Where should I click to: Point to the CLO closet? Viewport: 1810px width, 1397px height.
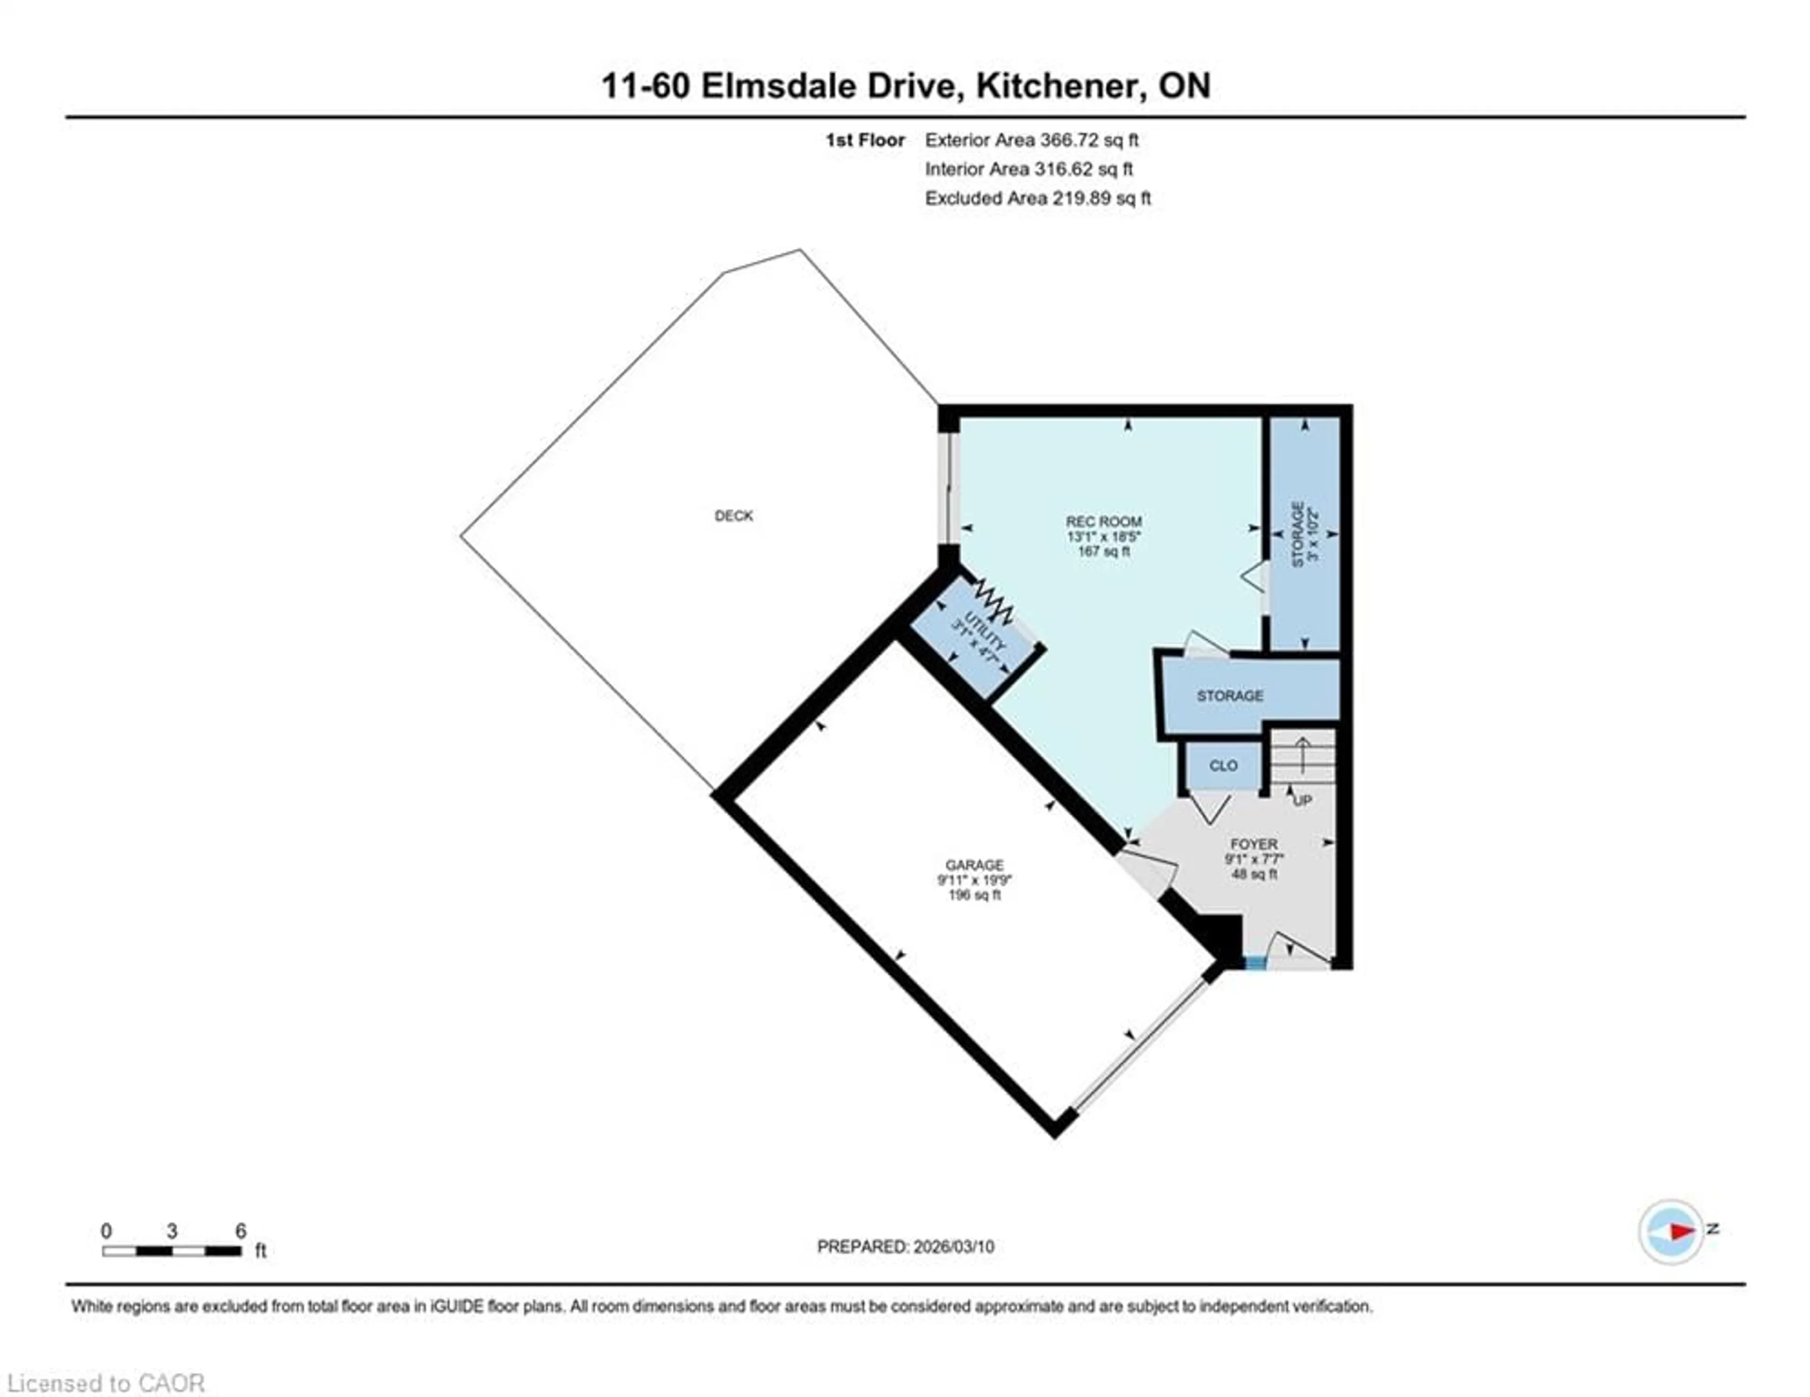[1223, 765]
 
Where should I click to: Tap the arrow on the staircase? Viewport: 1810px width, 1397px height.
[1303, 754]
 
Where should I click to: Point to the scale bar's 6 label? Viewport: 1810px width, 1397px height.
[240, 1231]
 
